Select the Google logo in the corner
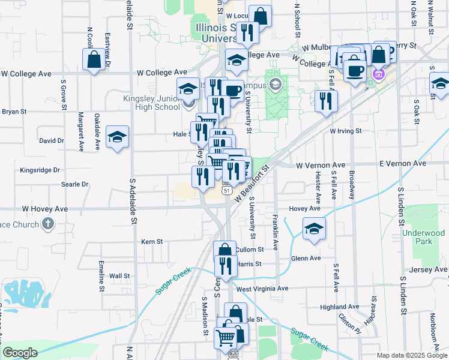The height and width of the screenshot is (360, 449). click(20, 353)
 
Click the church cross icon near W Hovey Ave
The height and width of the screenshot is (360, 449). click(48, 224)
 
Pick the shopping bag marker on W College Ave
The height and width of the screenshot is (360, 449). click(94, 59)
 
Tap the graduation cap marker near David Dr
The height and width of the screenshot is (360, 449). click(117, 136)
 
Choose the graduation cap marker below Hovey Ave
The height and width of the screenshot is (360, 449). click(314, 229)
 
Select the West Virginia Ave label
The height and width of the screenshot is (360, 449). click(262, 289)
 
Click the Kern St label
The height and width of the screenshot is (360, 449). click(152, 242)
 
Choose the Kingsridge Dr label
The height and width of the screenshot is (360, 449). click(40, 170)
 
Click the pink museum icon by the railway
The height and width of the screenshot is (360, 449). click(378, 75)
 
